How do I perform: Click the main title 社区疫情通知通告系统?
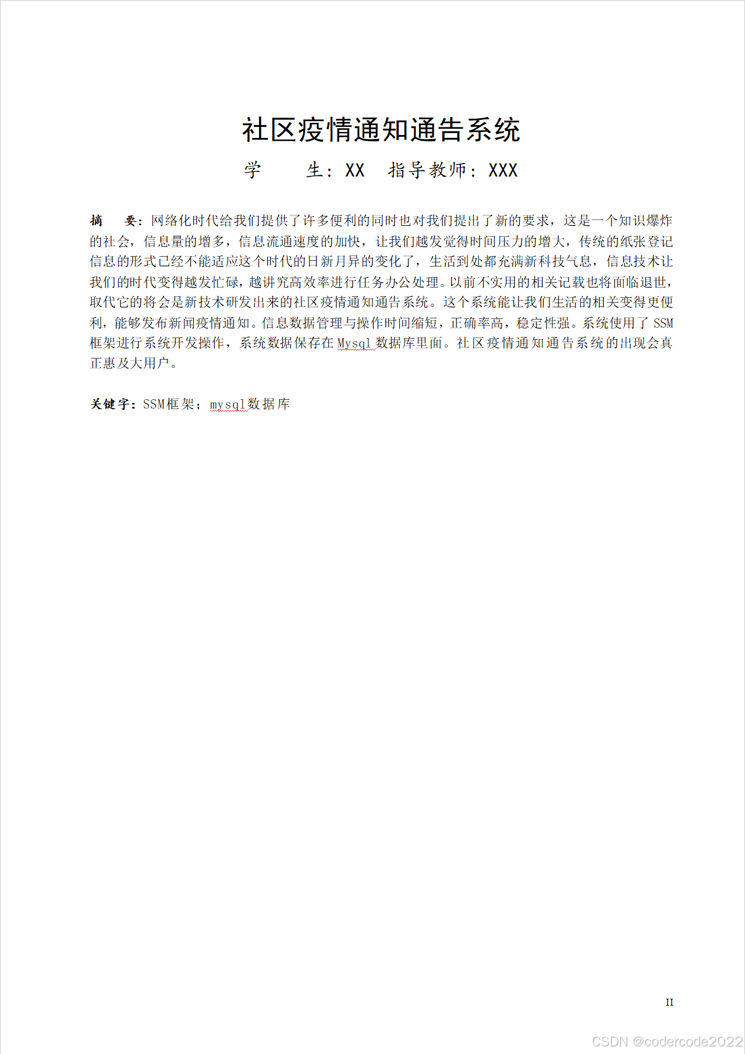[x=381, y=130]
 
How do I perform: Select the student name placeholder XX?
[x=354, y=171]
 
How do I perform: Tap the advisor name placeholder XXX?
[x=503, y=171]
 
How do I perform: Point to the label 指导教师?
[x=427, y=171]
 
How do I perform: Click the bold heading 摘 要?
[x=114, y=221]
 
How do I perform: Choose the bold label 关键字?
[x=111, y=404]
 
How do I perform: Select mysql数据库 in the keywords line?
[x=250, y=404]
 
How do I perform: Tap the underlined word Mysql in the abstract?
[x=354, y=343]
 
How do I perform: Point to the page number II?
[x=669, y=1002]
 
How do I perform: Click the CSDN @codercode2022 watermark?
[x=667, y=1041]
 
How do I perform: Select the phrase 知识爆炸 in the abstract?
[x=645, y=221]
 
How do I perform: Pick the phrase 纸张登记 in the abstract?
[x=645, y=242]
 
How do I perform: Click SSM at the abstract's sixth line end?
[x=663, y=323]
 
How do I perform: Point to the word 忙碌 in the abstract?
[x=225, y=282]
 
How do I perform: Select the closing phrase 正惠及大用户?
[x=130, y=364]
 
